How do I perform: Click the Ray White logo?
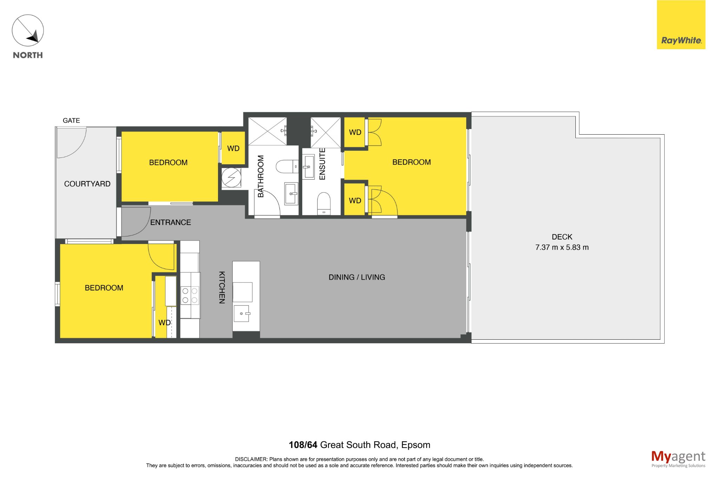click(x=681, y=25)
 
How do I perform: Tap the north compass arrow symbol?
click(x=28, y=30)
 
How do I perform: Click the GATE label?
click(x=71, y=121)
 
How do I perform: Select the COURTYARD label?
click(x=87, y=184)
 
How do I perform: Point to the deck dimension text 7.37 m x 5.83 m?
click(x=562, y=247)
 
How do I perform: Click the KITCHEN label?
click(x=222, y=287)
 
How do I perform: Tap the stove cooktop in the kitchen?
click(x=190, y=295)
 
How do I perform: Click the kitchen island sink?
click(x=242, y=313)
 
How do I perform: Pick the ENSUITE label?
click(x=322, y=164)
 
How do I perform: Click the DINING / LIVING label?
click(x=357, y=277)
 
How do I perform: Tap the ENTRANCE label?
click(x=171, y=222)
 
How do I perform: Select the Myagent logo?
click(x=678, y=459)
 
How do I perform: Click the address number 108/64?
click(x=303, y=445)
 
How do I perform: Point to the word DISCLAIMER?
click(x=251, y=459)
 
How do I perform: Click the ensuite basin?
click(x=309, y=167)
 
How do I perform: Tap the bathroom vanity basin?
click(x=291, y=193)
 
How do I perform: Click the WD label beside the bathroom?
click(x=233, y=148)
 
